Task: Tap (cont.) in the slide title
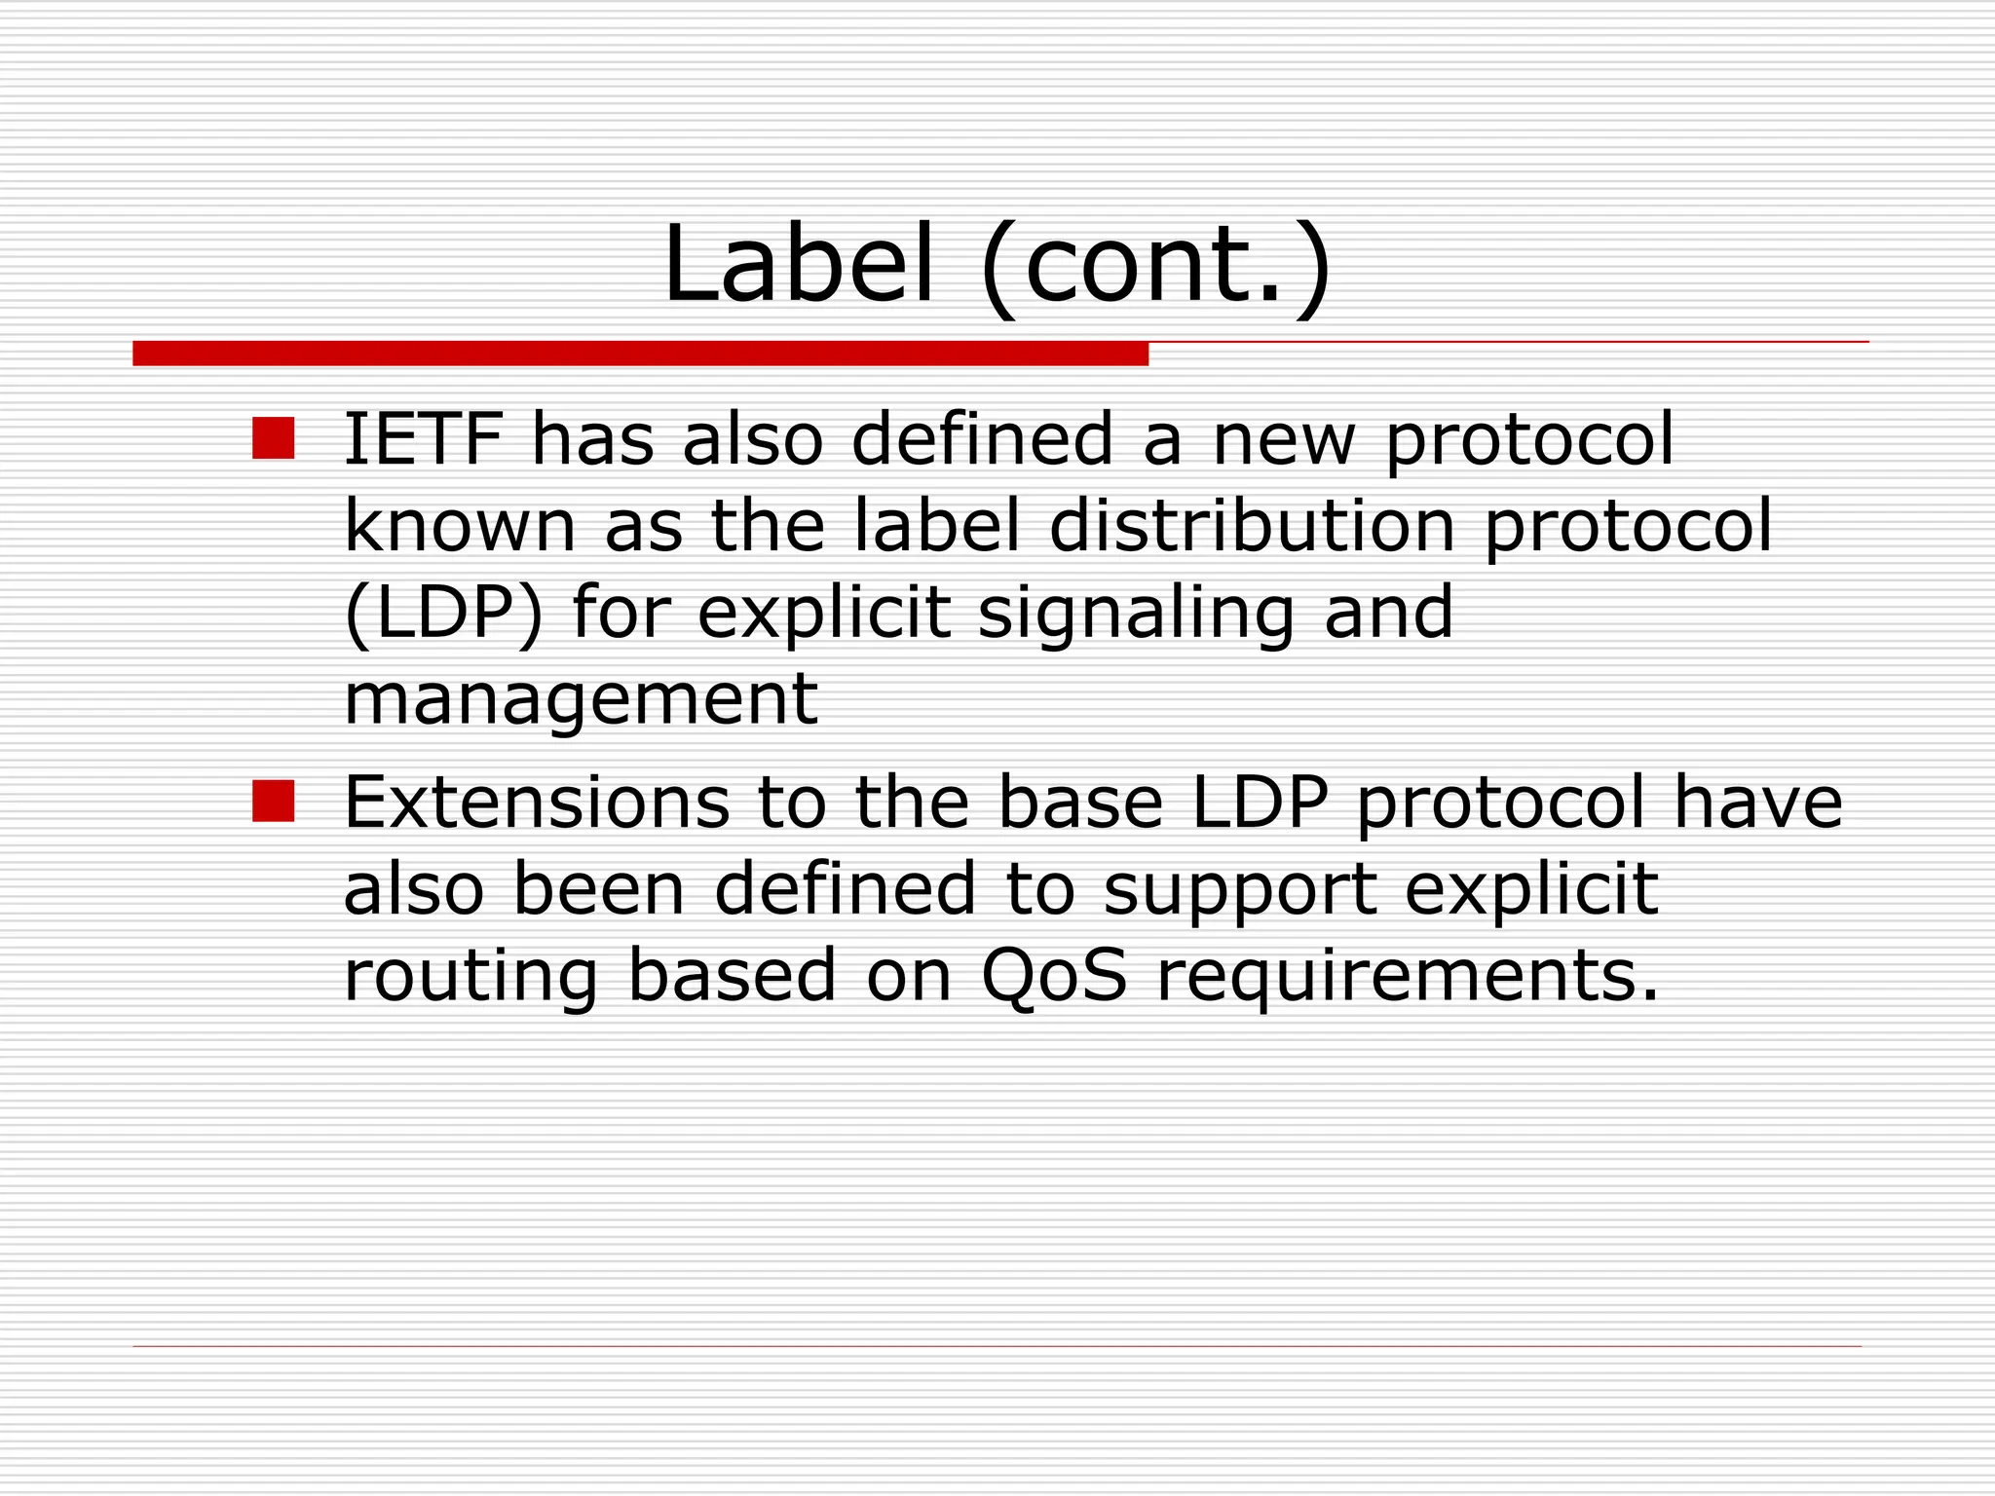(1155, 265)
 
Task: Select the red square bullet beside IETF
(273, 438)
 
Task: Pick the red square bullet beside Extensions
(273, 802)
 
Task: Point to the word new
(1283, 440)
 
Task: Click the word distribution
(1252, 526)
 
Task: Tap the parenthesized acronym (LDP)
(443, 614)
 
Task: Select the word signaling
(1136, 614)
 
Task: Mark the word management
(581, 699)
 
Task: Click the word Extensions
(537, 803)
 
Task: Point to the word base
(1080, 803)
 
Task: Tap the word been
(599, 888)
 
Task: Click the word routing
(471, 977)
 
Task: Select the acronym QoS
(1054, 975)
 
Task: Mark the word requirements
(1407, 977)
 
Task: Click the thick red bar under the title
(640, 354)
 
